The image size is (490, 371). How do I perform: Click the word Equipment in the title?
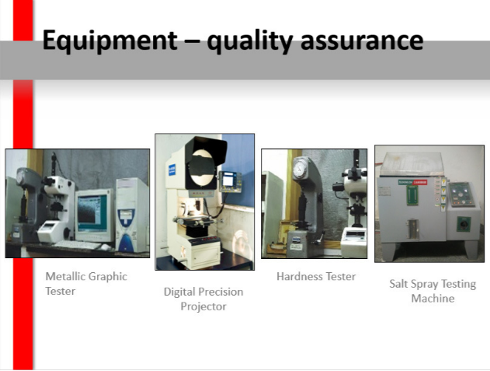point(110,40)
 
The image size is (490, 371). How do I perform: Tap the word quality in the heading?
point(249,41)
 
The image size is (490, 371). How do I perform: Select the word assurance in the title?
point(362,41)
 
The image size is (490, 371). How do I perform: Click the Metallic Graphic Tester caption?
point(86,284)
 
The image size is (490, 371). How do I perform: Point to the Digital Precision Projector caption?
point(203,299)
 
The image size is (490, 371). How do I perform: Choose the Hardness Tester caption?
point(316,276)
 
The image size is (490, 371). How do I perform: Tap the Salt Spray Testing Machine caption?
point(433,291)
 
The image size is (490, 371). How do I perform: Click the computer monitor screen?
point(92,214)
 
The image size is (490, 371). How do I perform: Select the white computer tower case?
point(131,215)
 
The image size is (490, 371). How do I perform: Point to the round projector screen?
point(203,167)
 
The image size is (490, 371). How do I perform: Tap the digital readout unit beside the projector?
point(230,181)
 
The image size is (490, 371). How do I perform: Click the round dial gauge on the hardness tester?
point(300,170)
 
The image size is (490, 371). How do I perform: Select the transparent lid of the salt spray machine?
point(412,163)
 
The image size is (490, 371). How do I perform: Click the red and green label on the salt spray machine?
point(412,182)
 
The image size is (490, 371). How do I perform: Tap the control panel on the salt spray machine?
point(461,194)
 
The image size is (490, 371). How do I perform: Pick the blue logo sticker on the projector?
point(172,170)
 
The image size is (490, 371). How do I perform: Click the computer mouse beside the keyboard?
point(106,247)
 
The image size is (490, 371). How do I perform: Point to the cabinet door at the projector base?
point(206,255)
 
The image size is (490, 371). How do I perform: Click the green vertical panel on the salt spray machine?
point(412,196)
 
